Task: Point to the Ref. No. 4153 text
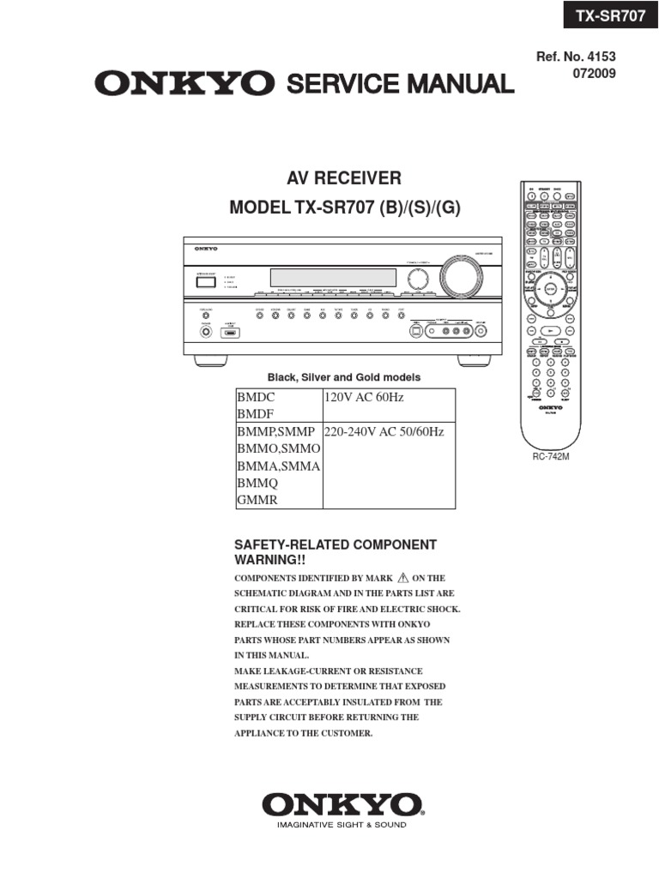click(x=576, y=57)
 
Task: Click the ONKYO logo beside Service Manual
click(x=184, y=84)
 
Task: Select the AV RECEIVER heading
click(x=343, y=178)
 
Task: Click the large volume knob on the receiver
click(x=461, y=280)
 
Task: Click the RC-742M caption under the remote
click(x=551, y=457)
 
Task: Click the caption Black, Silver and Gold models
click(x=344, y=377)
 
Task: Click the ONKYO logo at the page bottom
click(x=342, y=804)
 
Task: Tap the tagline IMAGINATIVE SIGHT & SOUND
click(x=342, y=825)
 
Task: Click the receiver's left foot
click(x=210, y=360)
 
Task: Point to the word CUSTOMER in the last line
click(x=344, y=733)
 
